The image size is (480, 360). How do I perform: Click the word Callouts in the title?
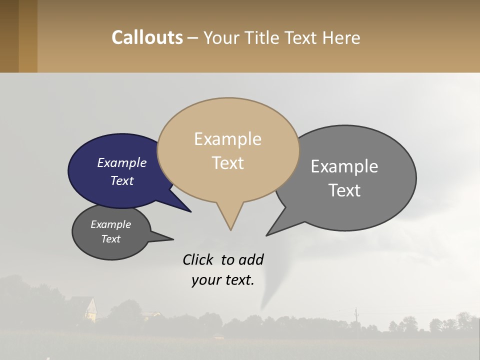coord(147,37)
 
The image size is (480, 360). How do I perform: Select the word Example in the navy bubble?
coord(121,163)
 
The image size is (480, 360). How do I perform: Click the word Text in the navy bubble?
coord(121,181)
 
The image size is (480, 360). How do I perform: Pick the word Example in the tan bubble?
coord(227,139)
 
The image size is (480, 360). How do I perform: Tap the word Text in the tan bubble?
coord(227,163)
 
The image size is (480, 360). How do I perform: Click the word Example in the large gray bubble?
coord(344,166)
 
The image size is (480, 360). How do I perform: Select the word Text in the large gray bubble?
coord(344,190)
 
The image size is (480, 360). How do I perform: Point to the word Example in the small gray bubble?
coord(110,224)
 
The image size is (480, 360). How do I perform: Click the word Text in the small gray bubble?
coord(110,239)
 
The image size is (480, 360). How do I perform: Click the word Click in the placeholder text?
coord(199,260)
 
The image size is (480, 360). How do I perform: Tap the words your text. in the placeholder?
coord(223,280)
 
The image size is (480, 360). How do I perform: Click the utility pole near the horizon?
coord(356,315)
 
